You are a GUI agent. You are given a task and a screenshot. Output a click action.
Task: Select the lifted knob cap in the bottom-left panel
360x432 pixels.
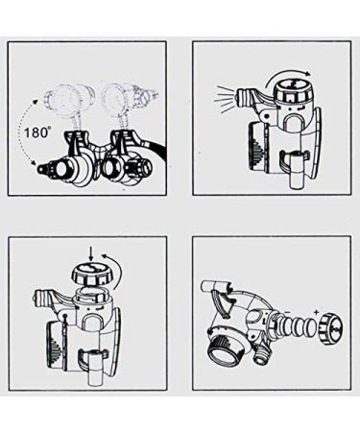[91, 277]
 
